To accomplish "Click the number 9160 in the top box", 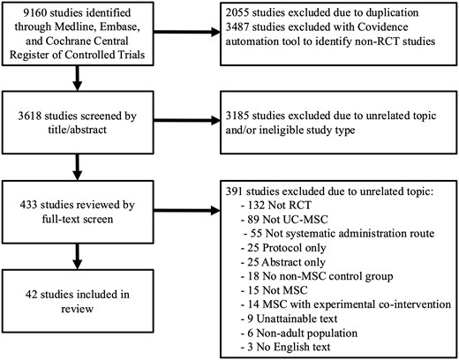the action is pos(34,12).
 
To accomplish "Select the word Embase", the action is pos(120,26).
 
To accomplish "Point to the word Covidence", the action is pos(383,26).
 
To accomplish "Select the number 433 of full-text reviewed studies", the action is pos(28,205).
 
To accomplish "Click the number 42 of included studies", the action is pos(31,295).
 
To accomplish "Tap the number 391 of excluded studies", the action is pos(234,191).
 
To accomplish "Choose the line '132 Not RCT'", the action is pos(276,205).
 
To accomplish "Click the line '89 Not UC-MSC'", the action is pos(284,220).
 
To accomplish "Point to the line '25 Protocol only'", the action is pos(283,248).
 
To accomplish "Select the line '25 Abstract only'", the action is pos(283,262).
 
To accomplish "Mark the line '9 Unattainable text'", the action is pos(290,319).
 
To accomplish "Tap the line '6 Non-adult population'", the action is pos(299,334).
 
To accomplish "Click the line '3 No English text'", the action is pos(286,347).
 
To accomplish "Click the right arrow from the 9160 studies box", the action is pos(187,32).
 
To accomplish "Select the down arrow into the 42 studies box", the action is pos(77,256).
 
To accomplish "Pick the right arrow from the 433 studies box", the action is pos(187,211).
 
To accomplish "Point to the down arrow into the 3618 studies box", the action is pos(77,78).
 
